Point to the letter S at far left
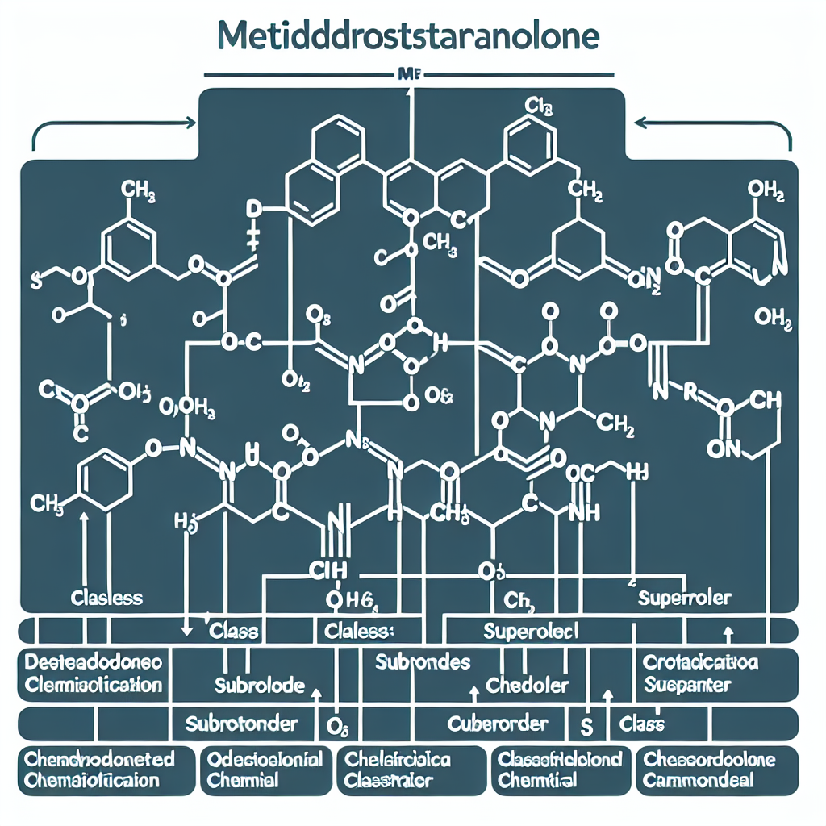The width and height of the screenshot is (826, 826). (35, 280)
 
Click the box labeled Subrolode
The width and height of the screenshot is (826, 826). (259, 686)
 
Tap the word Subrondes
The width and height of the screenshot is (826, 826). (423, 662)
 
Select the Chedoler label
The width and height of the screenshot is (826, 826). (528, 686)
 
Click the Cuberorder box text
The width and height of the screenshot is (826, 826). (498, 723)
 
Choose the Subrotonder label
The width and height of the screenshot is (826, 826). (241, 723)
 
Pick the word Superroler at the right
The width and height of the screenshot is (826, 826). (684, 598)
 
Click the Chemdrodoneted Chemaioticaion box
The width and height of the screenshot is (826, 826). (99, 770)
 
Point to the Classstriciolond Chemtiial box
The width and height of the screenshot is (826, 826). (559, 770)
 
